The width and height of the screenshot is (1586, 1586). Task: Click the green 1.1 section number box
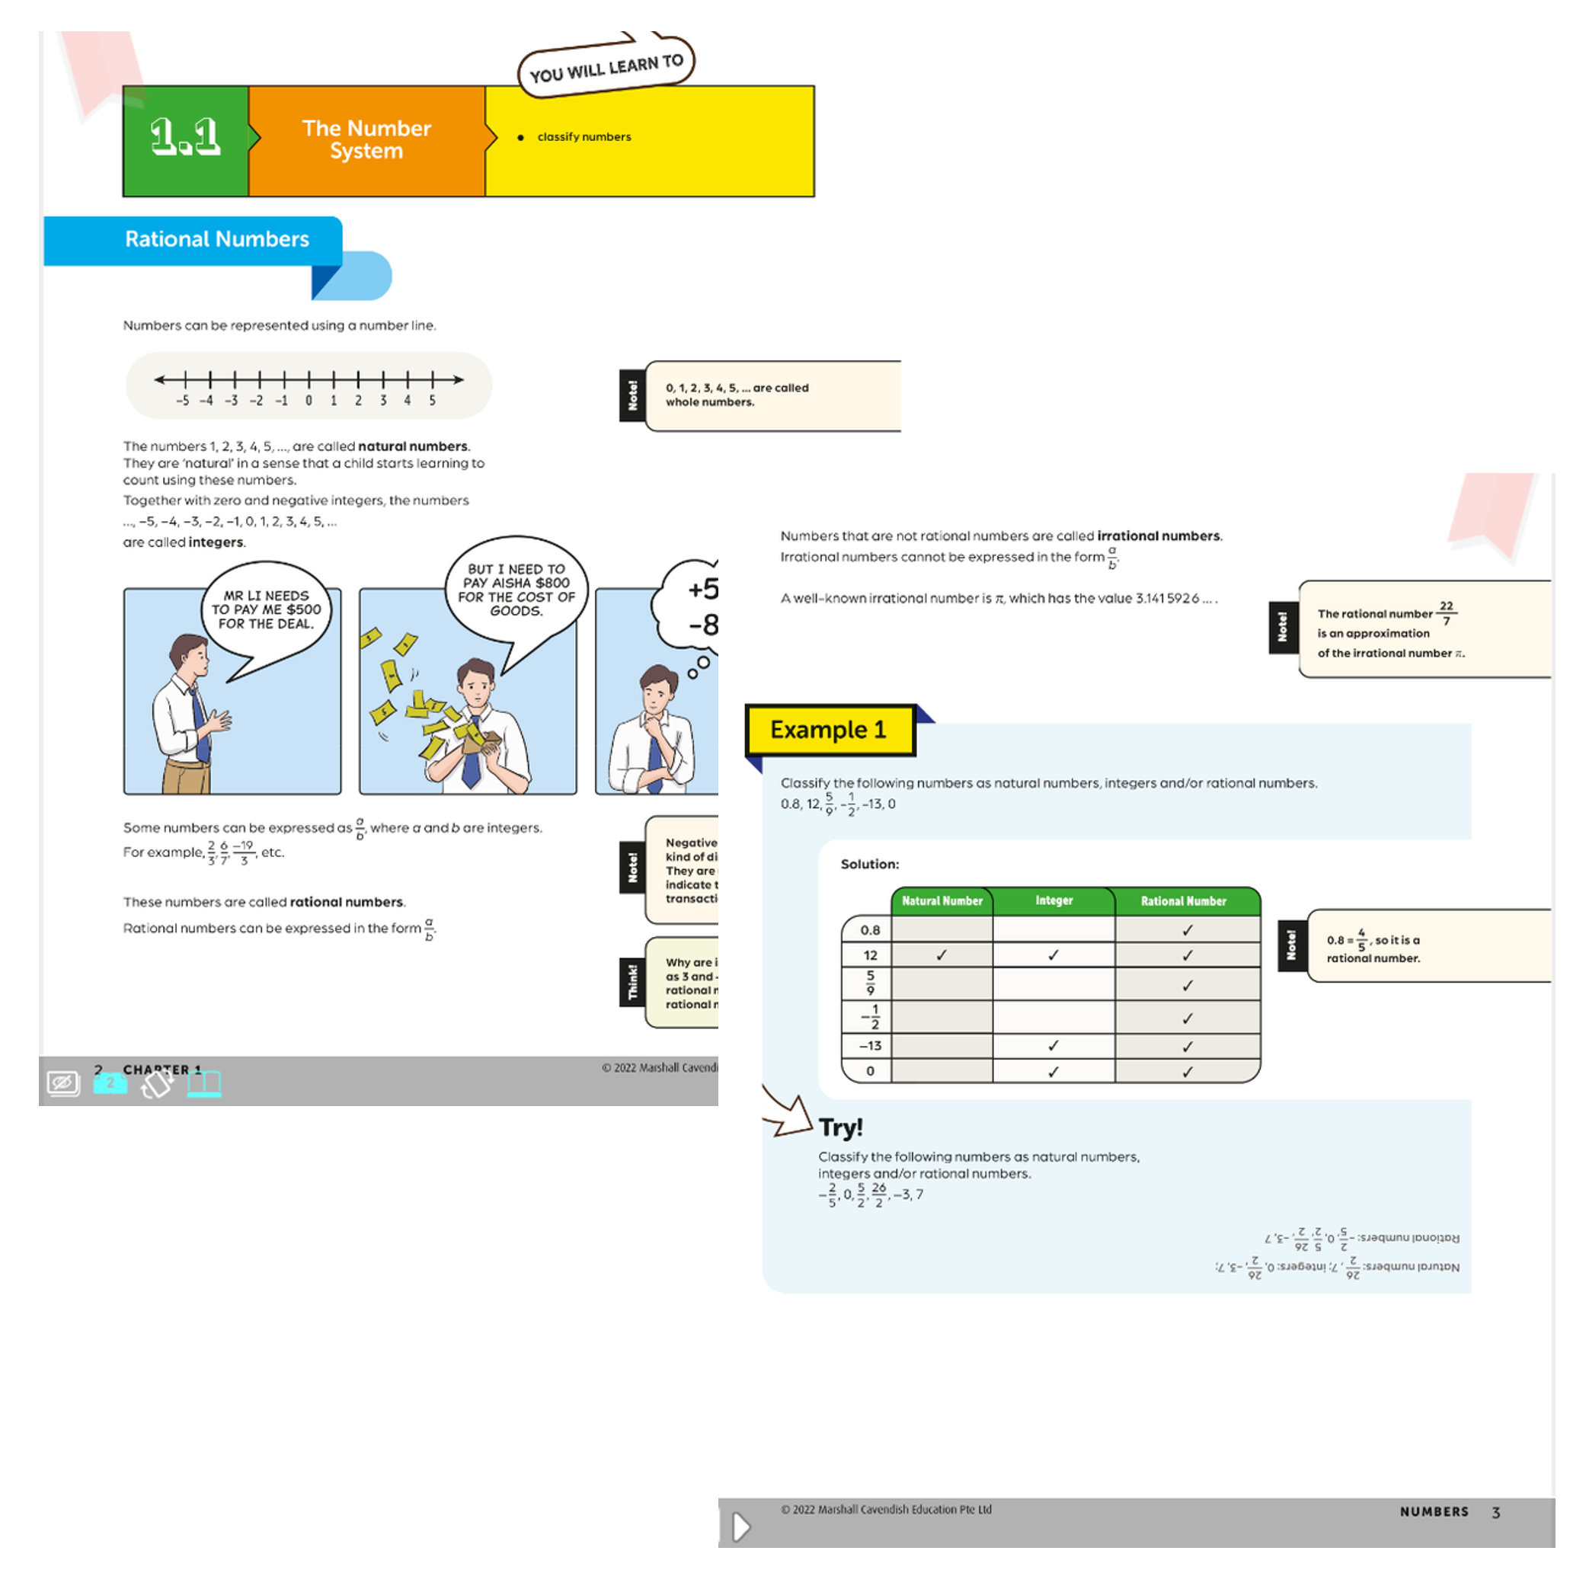186,139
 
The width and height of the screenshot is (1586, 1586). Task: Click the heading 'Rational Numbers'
216,239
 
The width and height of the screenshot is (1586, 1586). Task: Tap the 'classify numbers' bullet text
584,137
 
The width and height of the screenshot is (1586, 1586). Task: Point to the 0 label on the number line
309,401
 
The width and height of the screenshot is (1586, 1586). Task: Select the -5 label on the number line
182,401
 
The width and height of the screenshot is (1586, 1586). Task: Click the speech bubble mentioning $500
266,610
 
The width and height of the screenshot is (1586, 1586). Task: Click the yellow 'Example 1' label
828,730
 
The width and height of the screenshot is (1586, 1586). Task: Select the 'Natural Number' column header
942,900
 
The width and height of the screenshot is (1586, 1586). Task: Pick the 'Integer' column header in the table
1054,900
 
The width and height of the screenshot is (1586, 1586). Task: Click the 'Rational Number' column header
1183,900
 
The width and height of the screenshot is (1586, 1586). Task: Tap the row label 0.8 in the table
869,930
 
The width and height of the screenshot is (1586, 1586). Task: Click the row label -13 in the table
869,1046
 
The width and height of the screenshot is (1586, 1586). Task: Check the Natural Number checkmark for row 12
942,954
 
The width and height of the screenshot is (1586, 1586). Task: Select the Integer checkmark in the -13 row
1054,1046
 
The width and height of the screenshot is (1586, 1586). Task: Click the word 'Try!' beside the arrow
841,1127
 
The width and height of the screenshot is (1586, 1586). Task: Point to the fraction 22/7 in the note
1446,612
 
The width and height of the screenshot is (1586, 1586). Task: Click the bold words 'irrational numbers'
1159,536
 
